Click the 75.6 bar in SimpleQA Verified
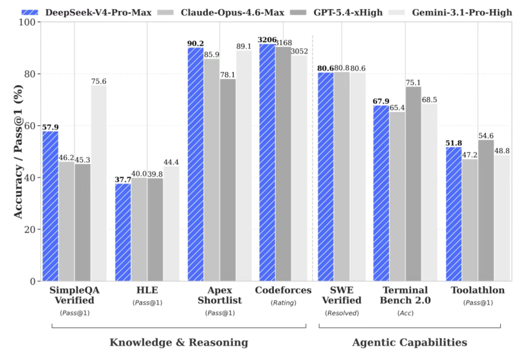click(x=98, y=183)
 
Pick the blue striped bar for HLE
click(x=123, y=232)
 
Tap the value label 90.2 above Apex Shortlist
click(x=195, y=44)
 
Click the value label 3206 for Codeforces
click(x=267, y=40)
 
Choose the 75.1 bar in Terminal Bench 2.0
click(x=413, y=184)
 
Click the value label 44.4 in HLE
click(x=171, y=162)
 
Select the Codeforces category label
click(x=283, y=290)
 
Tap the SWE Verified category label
click(x=341, y=295)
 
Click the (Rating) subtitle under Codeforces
click(x=283, y=303)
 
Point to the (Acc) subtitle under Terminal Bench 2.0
click(x=405, y=312)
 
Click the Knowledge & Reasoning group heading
click(x=178, y=342)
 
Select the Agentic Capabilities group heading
click(x=409, y=342)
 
